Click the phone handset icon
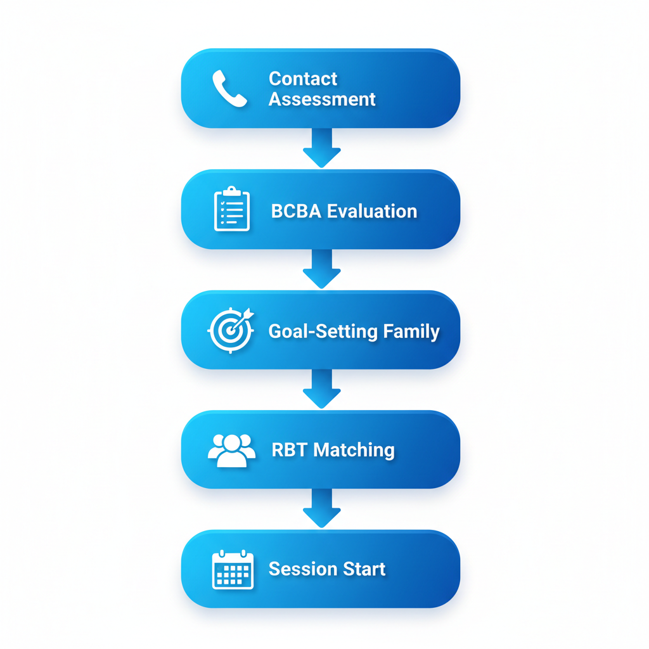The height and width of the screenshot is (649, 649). click(229, 88)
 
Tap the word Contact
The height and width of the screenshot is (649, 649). click(303, 79)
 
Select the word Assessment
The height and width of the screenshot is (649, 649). click(322, 100)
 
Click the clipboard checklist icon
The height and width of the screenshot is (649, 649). click(232, 209)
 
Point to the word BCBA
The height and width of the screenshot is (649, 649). click(296, 211)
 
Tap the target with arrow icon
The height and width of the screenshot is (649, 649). click(231, 330)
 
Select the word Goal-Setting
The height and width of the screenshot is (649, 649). click(321, 331)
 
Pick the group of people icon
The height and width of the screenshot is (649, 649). click(232, 450)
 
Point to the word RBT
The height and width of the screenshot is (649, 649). click(290, 450)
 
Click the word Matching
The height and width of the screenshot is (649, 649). click(354, 450)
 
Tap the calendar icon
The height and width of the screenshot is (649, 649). click(233, 570)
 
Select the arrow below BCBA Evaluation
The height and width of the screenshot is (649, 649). click(322, 269)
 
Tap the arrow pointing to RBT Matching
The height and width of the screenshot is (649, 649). click(322, 389)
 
